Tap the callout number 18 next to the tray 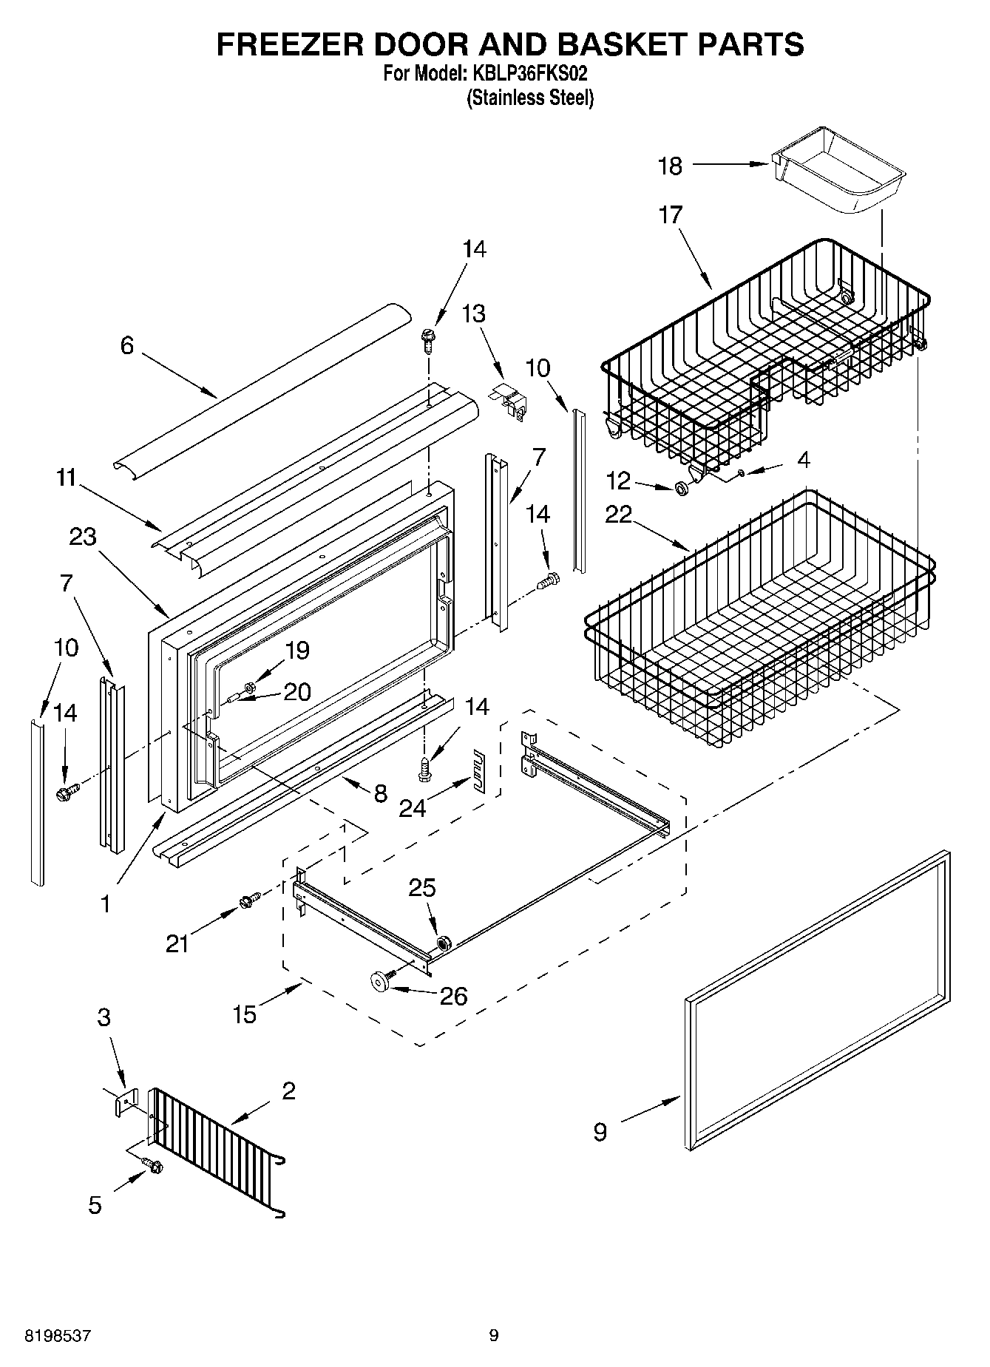point(670,166)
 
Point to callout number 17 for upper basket point(671,215)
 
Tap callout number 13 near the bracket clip point(474,313)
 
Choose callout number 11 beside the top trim point(67,478)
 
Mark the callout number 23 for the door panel point(83,537)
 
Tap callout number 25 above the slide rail point(422,887)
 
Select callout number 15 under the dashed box point(244,1014)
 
